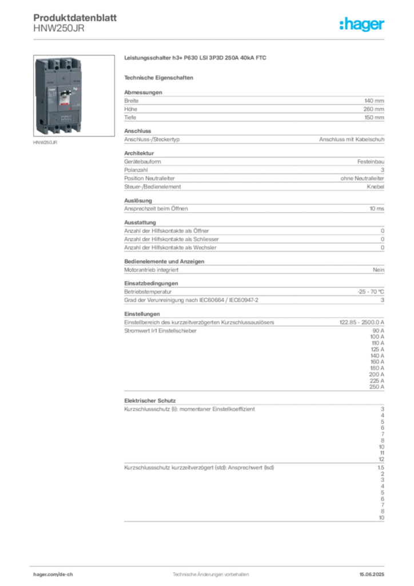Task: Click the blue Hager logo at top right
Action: pyautogui.click(x=363, y=25)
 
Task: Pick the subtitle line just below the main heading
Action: pyautogui.click(x=160, y=77)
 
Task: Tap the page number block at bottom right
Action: pyautogui.click(x=372, y=570)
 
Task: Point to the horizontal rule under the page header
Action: pyautogui.click(x=210, y=38)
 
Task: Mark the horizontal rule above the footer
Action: pyautogui.click(x=210, y=563)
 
